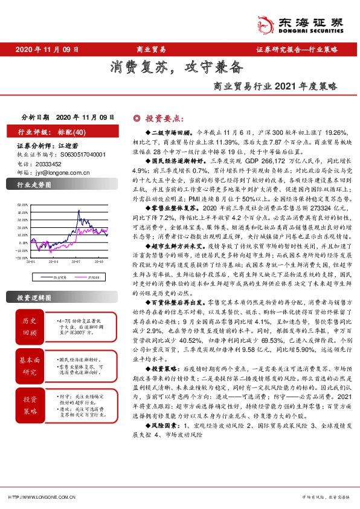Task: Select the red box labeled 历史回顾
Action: pyautogui.click(x=30, y=326)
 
